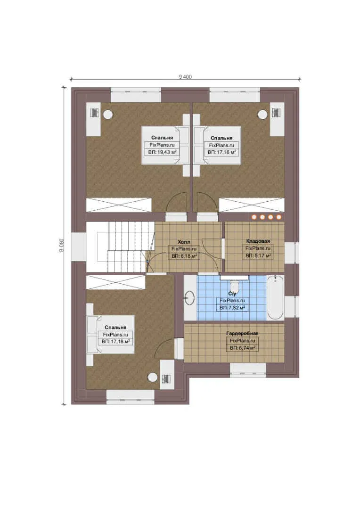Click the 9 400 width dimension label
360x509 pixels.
185,77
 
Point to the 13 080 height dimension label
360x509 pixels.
62,246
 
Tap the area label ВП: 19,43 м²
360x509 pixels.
162,152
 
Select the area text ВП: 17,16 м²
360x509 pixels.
222,152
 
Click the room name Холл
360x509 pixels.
184,242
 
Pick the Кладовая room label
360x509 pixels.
258,241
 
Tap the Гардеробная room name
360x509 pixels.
243,333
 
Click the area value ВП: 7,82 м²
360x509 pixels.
232,307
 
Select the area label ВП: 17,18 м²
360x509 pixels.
116,342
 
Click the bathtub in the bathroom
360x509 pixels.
275,297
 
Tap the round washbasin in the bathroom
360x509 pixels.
189,297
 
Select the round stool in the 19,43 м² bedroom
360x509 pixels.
108,114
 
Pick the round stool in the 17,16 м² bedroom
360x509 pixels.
262,114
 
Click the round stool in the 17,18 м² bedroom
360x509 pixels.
153,377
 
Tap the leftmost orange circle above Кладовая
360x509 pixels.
254,217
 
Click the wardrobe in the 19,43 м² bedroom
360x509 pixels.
119,205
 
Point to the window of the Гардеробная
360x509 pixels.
248,370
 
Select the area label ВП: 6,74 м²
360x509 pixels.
243,348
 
